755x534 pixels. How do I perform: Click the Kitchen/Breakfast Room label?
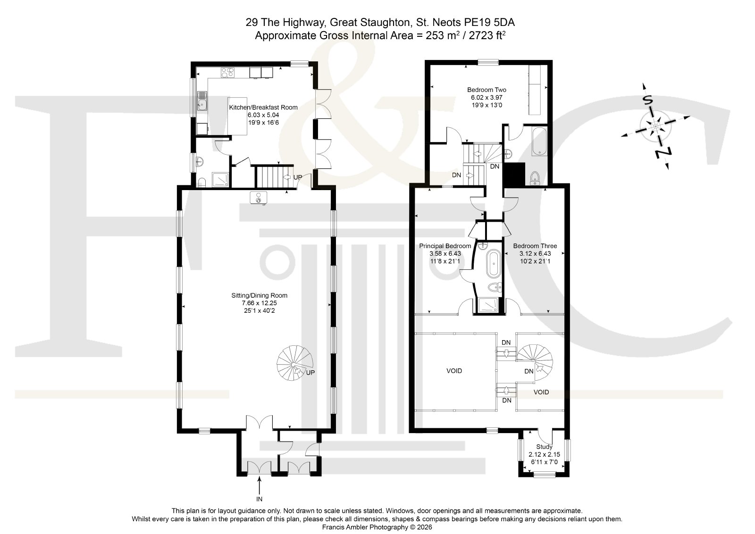[x=263, y=108]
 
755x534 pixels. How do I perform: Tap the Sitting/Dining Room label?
[x=259, y=295]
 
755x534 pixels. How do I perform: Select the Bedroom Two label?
[x=487, y=90]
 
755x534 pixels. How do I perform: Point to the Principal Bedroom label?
[x=445, y=246]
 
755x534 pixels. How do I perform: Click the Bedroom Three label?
[x=535, y=246]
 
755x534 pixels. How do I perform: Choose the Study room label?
[x=544, y=447]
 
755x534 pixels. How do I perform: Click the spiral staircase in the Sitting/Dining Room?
[x=295, y=363]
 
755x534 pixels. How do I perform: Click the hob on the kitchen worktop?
[x=227, y=73]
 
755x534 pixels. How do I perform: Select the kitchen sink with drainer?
[x=202, y=101]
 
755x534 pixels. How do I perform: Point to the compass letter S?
[x=647, y=100]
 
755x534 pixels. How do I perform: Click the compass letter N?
[x=663, y=153]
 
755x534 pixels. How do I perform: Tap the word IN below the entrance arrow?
[x=259, y=499]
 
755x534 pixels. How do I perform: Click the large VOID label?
[x=454, y=371]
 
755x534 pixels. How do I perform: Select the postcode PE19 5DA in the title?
[x=489, y=23]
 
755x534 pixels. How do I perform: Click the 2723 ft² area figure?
[x=487, y=35]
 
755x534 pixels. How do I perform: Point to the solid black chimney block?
[x=514, y=175]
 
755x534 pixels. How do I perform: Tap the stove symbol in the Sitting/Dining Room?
[x=258, y=198]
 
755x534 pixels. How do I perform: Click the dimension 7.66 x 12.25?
[x=259, y=303]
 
